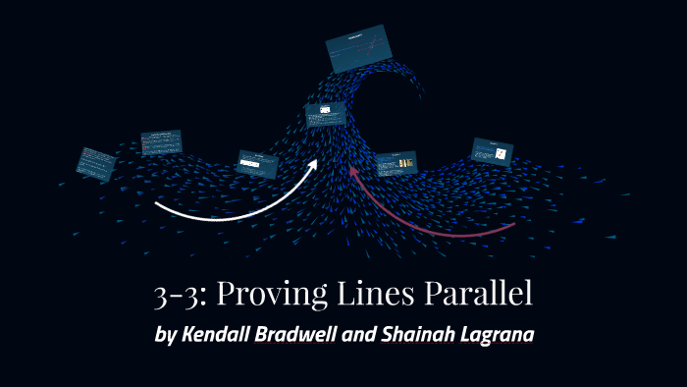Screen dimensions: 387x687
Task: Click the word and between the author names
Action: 363,333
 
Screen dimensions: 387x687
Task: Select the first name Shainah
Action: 421,333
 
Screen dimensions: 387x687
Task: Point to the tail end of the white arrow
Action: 157,205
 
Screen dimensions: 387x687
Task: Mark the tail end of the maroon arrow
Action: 513,227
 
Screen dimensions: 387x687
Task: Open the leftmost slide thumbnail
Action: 97,162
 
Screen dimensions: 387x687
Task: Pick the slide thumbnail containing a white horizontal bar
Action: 258,163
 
